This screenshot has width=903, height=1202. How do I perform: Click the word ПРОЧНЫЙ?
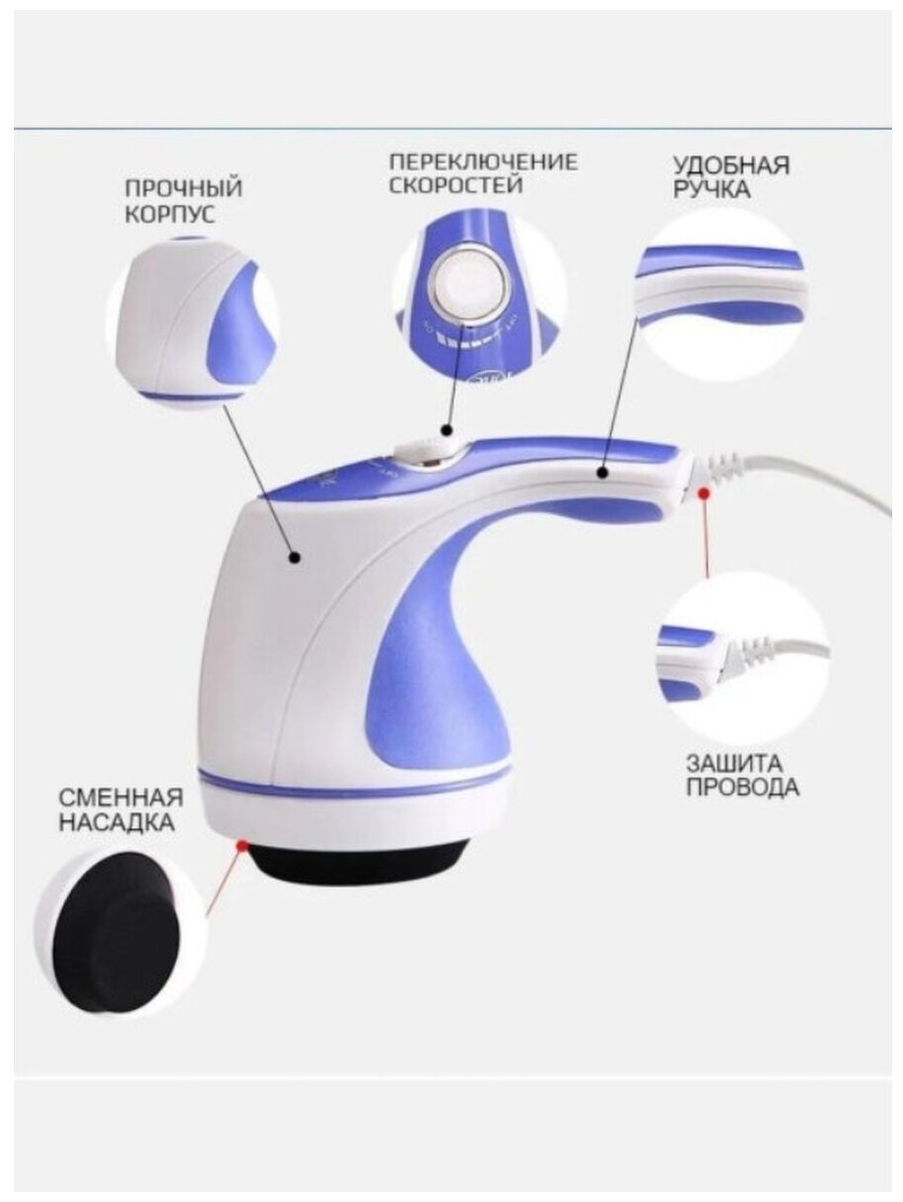pos(184,188)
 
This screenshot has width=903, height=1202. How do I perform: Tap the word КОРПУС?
pos(170,214)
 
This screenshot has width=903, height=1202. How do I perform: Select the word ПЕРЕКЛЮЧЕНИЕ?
pos(482,162)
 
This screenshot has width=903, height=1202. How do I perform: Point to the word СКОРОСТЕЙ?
pos(454,185)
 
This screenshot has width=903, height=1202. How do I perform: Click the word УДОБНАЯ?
pos(731,165)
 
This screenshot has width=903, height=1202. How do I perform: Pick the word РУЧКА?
pos(712,189)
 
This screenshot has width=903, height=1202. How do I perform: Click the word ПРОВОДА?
pos(728,788)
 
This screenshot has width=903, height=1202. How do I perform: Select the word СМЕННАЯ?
pos(121,796)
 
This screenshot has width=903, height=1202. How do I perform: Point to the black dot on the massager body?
pos(295,558)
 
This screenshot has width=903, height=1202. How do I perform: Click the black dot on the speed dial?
pos(447,430)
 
